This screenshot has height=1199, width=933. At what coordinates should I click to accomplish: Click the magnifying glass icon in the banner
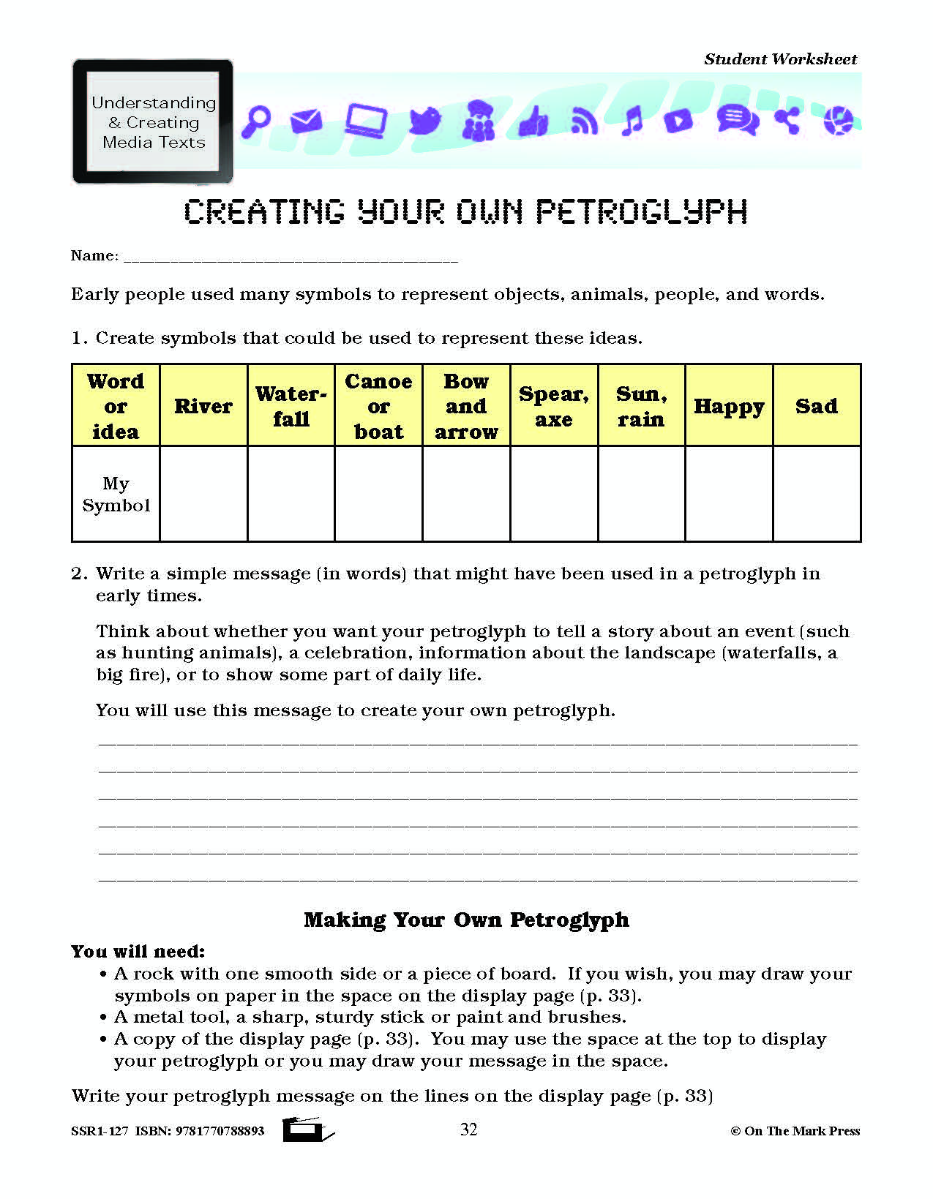(x=256, y=120)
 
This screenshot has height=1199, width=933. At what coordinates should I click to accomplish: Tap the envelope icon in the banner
(x=306, y=120)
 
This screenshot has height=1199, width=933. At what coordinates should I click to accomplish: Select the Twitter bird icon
(x=425, y=120)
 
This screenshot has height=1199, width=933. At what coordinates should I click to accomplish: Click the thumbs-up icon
(x=533, y=121)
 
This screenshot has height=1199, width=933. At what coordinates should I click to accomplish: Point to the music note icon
(x=631, y=121)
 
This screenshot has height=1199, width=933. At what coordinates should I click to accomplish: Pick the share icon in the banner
(x=787, y=120)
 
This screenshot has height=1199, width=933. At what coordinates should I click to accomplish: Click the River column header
(x=203, y=406)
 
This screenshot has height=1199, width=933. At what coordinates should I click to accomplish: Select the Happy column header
(x=729, y=406)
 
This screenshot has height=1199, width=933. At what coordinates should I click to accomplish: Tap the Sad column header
(x=817, y=406)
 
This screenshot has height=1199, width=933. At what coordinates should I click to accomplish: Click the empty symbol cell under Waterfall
(x=291, y=494)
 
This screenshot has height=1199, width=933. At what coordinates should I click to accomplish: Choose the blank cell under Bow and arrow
(x=466, y=494)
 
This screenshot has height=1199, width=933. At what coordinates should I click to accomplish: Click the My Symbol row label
(x=116, y=494)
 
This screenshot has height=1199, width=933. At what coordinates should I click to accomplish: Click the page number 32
(x=468, y=1130)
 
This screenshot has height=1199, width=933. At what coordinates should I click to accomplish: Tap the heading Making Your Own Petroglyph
(x=466, y=920)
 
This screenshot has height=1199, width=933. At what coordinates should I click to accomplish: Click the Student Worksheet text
(x=780, y=59)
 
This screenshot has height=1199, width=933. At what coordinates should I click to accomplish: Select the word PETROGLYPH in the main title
(x=642, y=212)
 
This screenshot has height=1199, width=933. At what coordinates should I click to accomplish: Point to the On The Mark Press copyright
(x=795, y=1131)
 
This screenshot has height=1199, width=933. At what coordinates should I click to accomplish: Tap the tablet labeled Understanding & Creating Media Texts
(x=153, y=121)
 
